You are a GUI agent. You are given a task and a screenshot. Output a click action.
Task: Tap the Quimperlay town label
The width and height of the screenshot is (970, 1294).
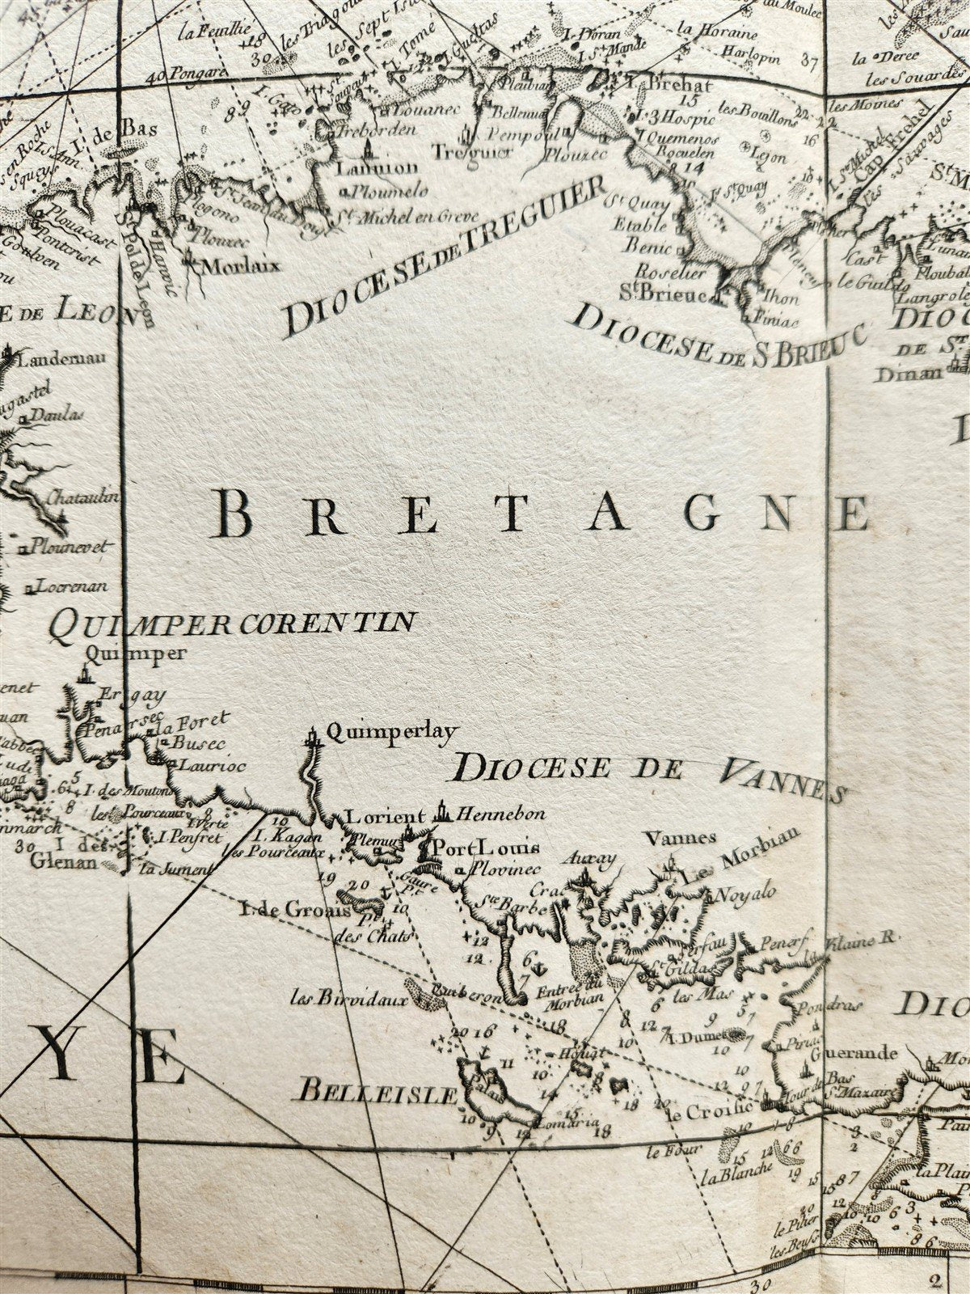point(390,732)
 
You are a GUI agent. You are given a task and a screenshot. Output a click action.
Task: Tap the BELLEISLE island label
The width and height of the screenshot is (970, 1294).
point(378,1096)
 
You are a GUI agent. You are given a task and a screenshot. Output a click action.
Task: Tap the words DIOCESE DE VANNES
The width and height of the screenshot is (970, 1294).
point(647,774)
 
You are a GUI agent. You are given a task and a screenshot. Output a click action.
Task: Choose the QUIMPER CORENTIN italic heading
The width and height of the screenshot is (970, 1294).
point(232,622)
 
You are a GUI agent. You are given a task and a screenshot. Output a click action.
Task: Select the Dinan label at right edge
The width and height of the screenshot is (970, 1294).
point(917,373)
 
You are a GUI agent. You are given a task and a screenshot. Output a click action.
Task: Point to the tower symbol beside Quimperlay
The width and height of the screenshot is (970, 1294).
point(312,737)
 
